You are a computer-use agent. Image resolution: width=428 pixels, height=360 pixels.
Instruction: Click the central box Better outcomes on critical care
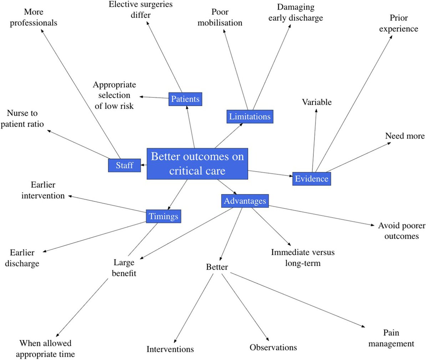point(197,164)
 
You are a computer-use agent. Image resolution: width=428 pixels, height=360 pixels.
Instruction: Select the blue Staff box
point(124,165)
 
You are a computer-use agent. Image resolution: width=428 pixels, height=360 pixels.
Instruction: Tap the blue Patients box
point(185,99)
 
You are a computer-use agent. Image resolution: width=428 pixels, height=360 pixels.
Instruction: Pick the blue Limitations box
point(250,117)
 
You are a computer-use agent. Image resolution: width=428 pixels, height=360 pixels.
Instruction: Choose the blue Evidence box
point(311,179)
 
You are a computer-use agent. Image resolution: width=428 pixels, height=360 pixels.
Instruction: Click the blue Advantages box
point(245,201)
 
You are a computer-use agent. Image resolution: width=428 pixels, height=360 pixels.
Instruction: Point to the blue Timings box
point(163,216)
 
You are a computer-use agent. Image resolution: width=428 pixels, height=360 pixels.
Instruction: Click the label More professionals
point(34,17)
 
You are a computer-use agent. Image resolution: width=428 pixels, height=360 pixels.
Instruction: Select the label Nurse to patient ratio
point(22,118)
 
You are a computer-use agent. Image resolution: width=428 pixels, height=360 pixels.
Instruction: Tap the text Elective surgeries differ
point(141,10)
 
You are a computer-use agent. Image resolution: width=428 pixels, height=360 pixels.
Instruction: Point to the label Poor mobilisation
point(220,17)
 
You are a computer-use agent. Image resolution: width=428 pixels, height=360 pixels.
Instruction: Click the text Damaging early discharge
point(296,12)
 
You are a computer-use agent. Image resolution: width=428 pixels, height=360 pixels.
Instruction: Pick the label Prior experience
point(398,23)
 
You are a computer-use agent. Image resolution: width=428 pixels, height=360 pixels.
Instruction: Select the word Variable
point(317,102)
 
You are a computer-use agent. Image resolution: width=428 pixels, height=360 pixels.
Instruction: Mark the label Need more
point(405,136)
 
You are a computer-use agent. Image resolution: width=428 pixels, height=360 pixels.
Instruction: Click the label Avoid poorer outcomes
point(402,231)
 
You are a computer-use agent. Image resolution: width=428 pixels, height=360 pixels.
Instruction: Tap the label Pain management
point(391,338)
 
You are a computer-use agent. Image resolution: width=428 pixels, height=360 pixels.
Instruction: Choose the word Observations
point(273,348)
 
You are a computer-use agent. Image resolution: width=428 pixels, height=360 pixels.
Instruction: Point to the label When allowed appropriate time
point(45,349)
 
